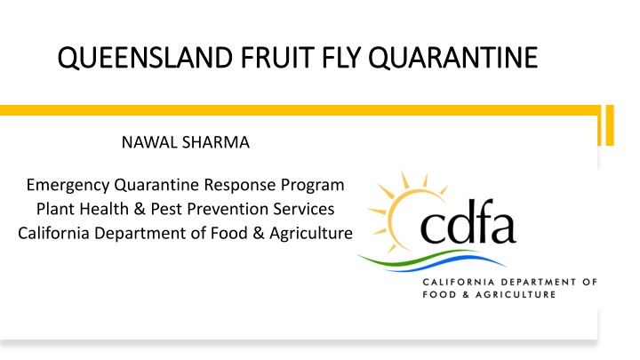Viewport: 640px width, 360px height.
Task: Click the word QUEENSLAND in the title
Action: (x=145, y=58)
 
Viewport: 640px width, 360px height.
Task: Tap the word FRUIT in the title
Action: (x=277, y=57)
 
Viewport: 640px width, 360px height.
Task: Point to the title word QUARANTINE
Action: (x=453, y=58)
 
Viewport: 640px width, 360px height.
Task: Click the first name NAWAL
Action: (x=149, y=142)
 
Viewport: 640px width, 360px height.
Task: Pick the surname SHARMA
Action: (x=216, y=142)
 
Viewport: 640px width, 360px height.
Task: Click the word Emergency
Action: (x=68, y=186)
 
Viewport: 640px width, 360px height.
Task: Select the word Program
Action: (x=312, y=186)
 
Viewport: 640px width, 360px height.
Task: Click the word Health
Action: (x=104, y=209)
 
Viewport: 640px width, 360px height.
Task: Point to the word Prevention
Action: (x=228, y=209)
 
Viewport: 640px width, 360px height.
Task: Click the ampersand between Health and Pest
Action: (x=140, y=210)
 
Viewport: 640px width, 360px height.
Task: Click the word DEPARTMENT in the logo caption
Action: (x=539, y=282)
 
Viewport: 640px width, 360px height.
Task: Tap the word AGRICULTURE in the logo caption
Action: (x=516, y=295)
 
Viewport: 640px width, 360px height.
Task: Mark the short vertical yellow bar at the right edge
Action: (x=610, y=125)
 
